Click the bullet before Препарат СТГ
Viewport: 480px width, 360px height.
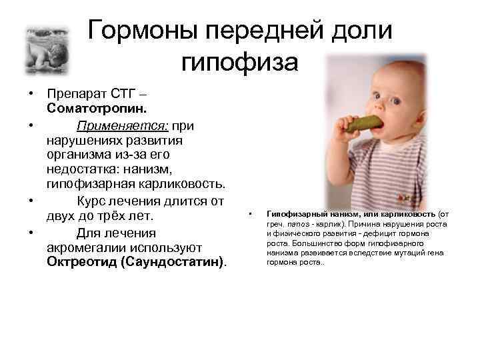(x=21, y=92)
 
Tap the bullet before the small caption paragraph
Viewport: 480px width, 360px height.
(x=249, y=213)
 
